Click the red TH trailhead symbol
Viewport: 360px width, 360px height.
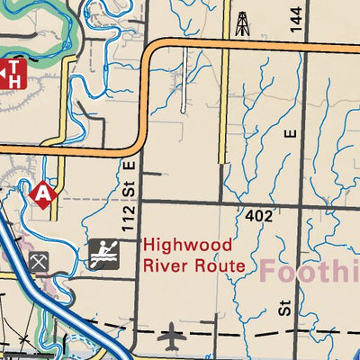point(12,72)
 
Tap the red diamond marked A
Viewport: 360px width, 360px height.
point(41,193)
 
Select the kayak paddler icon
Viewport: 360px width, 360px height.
point(104,255)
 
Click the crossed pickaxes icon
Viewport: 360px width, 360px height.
point(38,262)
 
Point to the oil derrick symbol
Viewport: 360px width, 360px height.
point(241,22)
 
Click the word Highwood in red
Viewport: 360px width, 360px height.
point(187,245)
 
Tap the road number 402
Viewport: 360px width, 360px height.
point(257,216)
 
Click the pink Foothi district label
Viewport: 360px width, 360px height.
point(310,268)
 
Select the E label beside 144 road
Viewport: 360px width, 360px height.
point(289,133)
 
